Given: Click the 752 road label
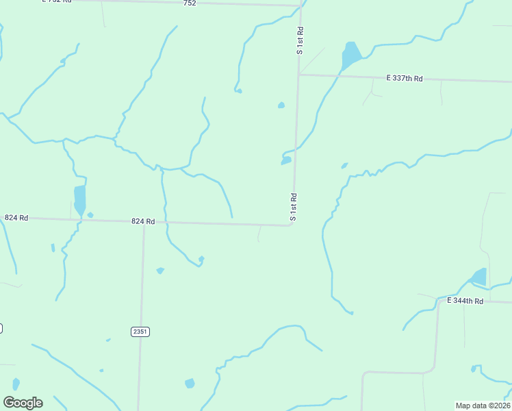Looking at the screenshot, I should (190, 3).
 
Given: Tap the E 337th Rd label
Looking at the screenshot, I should (405, 79).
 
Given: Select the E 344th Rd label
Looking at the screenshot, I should (465, 301).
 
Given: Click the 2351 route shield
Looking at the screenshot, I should (140, 332).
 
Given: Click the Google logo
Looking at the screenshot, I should (23, 402).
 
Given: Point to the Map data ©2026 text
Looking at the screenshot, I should (483, 406).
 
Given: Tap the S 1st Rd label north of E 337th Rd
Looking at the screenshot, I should (300, 42).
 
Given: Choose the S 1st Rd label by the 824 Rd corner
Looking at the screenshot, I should (293, 207).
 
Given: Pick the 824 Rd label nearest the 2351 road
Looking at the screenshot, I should (144, 221).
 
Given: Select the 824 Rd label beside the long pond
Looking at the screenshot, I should (16, 218).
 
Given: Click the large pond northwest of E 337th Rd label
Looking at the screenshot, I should (350, 55).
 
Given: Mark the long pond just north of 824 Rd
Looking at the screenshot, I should (80, 200).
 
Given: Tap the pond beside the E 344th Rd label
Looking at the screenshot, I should (478, 277).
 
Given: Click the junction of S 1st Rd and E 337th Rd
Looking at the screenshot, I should (298, 75).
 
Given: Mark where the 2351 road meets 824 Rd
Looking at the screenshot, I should (144, 223).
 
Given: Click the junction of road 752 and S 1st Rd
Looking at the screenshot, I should (301, 5).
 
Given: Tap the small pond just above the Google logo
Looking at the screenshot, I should (16, 384).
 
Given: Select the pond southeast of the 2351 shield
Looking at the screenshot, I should (190, 383).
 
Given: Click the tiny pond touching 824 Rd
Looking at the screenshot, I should (90, 215).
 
